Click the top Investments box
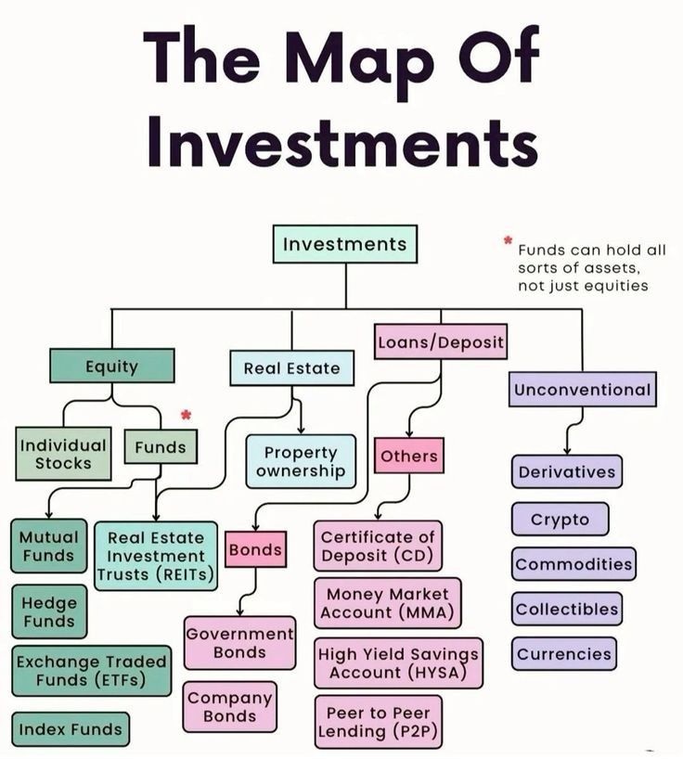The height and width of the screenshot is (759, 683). click(345, 245)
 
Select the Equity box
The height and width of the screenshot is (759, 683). click(111, 367)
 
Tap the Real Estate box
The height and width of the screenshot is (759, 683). click(291, 368)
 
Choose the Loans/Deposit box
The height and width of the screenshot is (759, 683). click(441, 342)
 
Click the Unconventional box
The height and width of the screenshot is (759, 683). click(583, 390)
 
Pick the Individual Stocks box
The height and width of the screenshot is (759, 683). click(63, 454)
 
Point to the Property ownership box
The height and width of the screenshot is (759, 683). click(301, 461)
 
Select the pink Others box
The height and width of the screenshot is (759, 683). click(408, 457)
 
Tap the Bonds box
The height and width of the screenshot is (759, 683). click(256, 549)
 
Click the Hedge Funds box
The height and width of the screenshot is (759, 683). click(49, 612)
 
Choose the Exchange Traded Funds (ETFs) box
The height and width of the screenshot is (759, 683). click(91, 671)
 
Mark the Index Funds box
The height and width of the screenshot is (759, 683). click(71, 729)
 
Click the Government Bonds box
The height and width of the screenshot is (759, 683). click(239, 642)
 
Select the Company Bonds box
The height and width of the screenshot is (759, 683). click(229, 707)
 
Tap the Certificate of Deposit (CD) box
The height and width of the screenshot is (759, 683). click(378, 547)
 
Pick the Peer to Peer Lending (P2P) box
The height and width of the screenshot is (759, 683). click(377, 722)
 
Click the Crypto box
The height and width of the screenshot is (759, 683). click(560, 519)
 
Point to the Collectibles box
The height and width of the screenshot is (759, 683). click(566, 609)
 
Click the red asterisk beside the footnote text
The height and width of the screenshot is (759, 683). click(508, 241)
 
